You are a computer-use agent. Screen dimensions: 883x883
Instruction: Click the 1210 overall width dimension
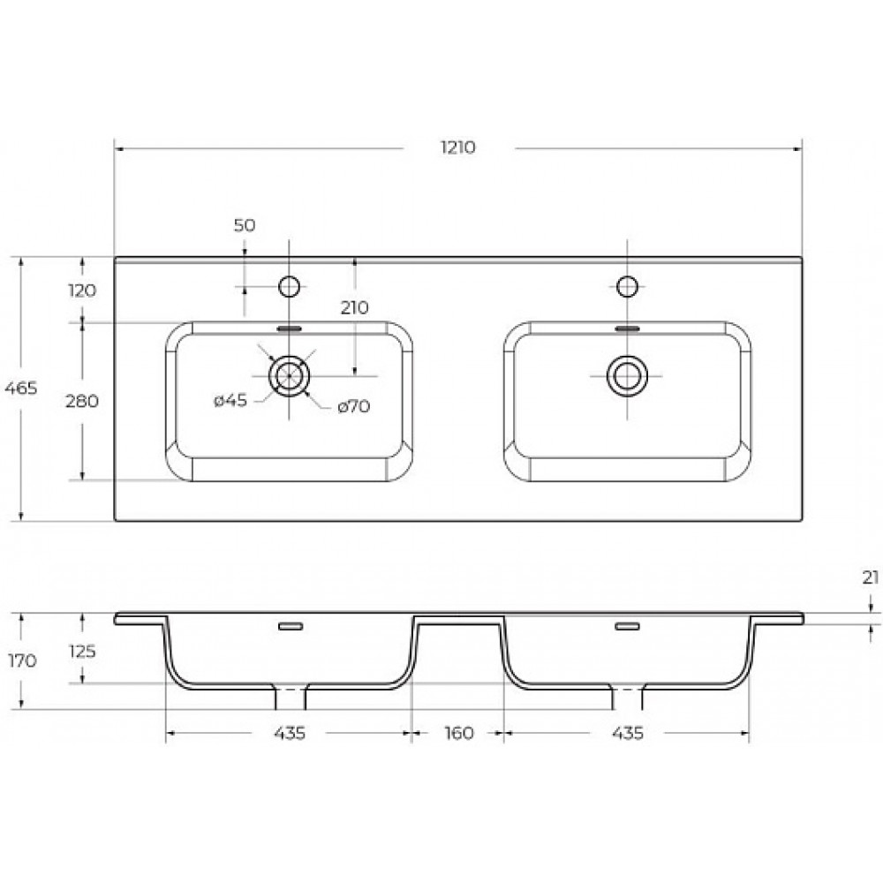tap(457, 147)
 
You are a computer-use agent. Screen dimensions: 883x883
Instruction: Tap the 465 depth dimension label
tap(21, 388)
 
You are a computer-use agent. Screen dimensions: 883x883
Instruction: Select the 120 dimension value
tap(82, 291)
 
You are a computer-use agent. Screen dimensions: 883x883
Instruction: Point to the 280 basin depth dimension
tap(82, 401)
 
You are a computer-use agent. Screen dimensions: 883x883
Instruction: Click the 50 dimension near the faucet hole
tap(245, 225)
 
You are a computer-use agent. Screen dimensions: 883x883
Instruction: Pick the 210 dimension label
tap(355, 307)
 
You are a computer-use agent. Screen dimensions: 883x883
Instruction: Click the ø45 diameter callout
tap(230, 400)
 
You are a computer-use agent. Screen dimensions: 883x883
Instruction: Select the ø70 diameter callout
tap(354, 406)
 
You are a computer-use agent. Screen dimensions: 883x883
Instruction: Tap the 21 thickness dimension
tap(871, 577)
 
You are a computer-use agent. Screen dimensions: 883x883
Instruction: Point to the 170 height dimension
tap(23, 660)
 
